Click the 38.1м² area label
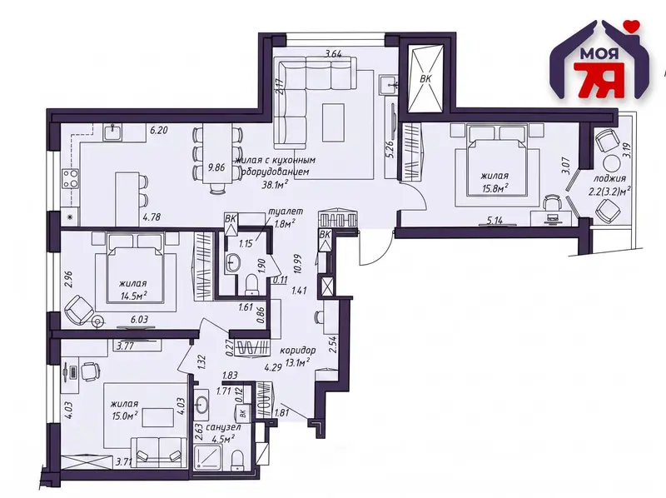[x=276, y=184]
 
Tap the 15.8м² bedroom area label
[x=495, y=188]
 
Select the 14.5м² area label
[x=133, y=296]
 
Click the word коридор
[x=298, y=351]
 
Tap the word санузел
[x=223, y=427]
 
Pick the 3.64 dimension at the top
[x=334, y=53]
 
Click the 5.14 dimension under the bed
[x=494, y=221]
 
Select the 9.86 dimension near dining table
[x=216, y=167]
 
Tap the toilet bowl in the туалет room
[x=252, y=283]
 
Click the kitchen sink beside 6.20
[x=113, y=132]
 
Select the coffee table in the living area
[x=333, y=122]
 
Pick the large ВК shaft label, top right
[x=426, y=78]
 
